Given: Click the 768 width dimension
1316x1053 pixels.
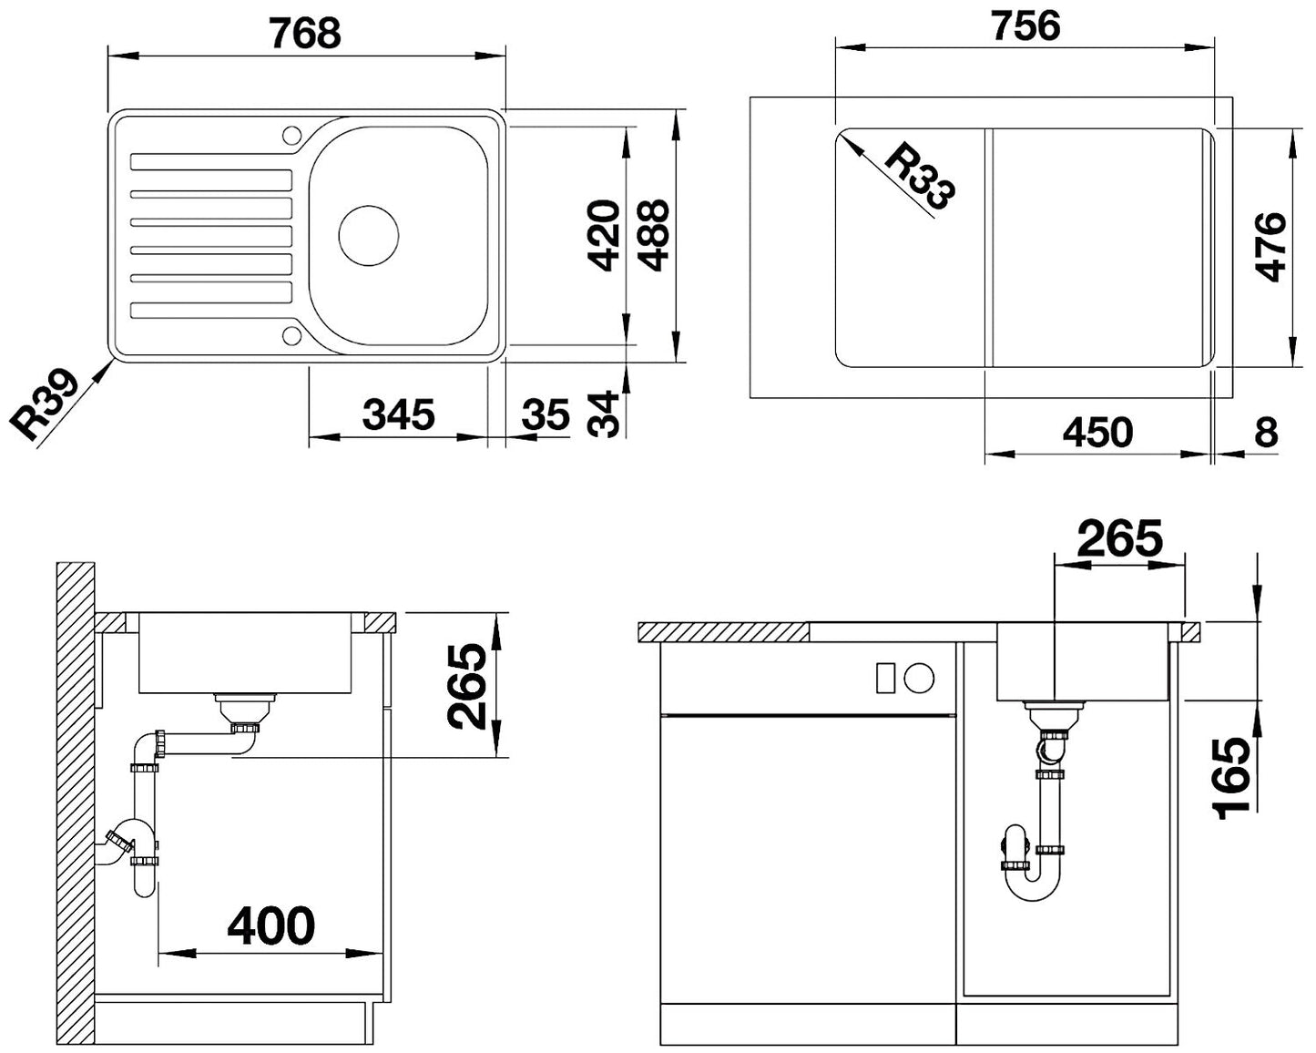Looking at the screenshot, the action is tap(306, 33).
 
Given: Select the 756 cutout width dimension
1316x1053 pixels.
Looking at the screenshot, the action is tap(1025, 26).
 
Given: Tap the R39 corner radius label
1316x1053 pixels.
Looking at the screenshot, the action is tap(44, 405).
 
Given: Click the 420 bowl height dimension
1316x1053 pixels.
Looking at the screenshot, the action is tap(604, 236).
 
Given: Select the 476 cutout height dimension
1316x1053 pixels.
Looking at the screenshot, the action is tap(1270, 247).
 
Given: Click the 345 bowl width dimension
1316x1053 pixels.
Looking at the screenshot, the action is tap(398, 414).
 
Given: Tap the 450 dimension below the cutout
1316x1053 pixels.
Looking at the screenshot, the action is tap(1097, 432).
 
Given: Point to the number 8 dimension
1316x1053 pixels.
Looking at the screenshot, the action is tap(1266, 432).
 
